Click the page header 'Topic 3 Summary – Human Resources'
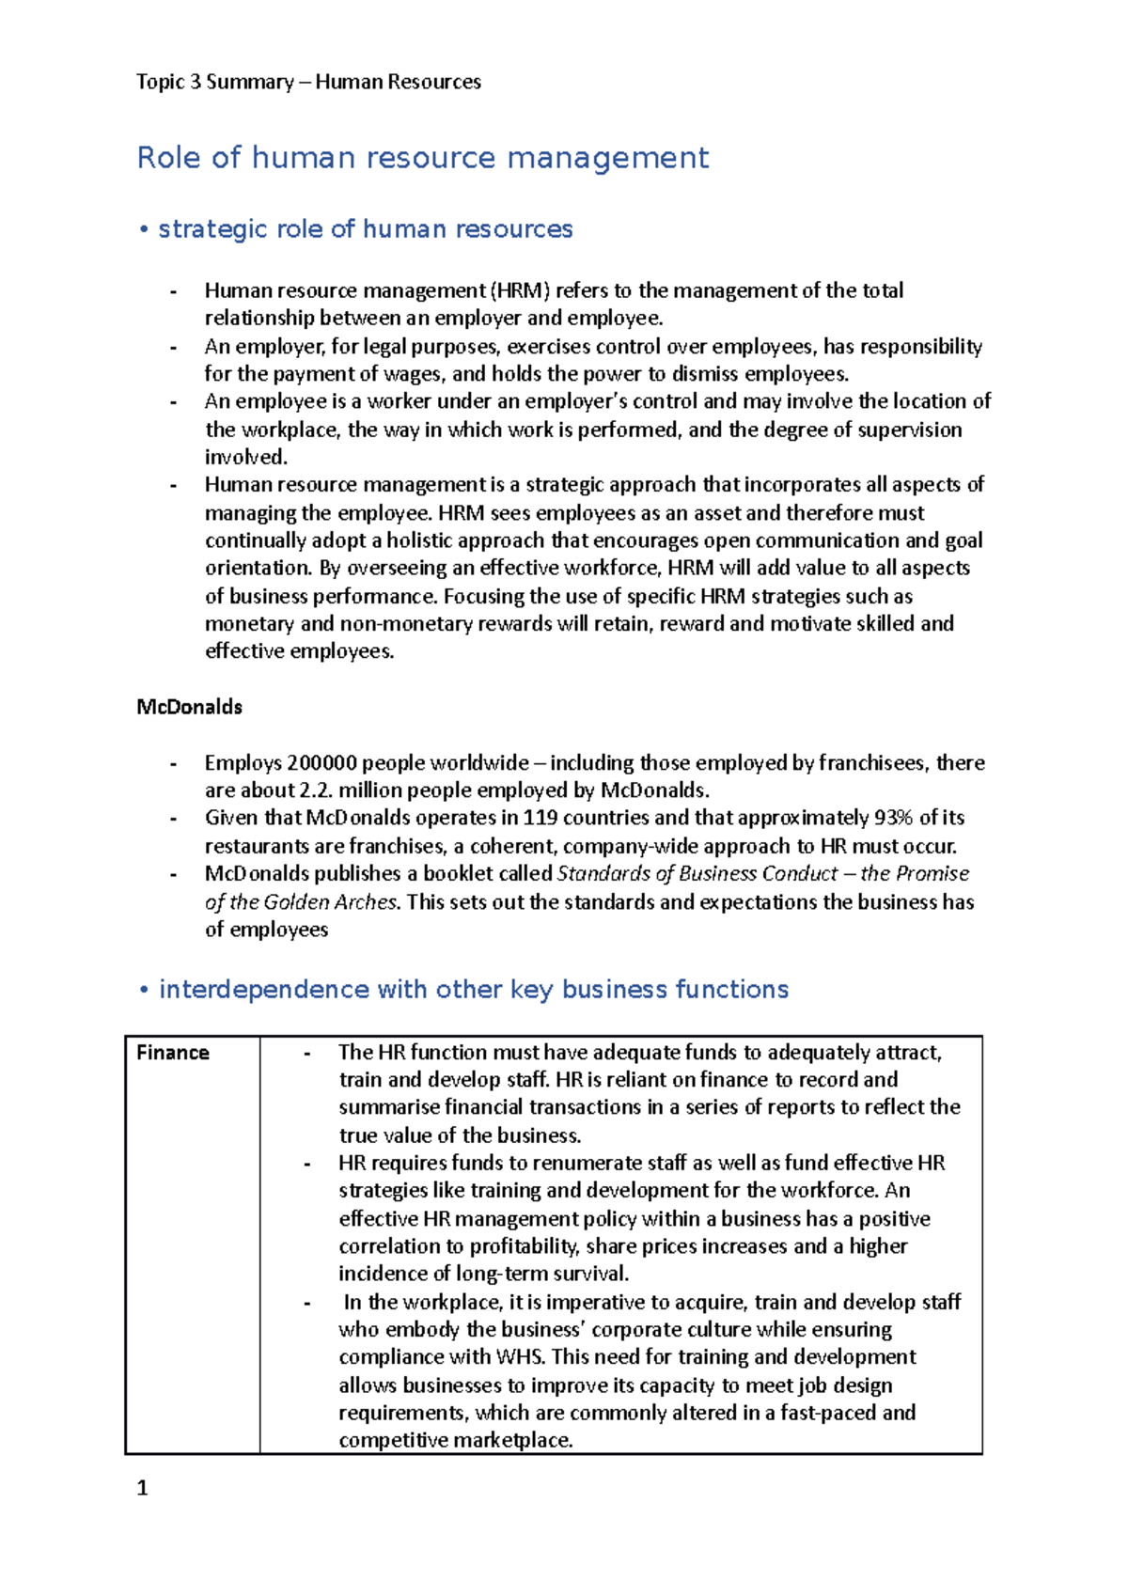(308, 82)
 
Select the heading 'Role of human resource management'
(422, 157)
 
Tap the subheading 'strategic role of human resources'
(365, 228)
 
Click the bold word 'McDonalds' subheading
(189, 707)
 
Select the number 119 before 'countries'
(540, 818)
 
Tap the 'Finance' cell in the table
(173, 1053)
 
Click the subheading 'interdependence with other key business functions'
(473, 989)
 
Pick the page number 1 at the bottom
(143, 1488)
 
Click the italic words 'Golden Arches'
(330, 902)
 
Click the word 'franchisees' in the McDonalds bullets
(872, 762)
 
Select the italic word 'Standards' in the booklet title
(602, 873)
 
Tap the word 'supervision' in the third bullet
(908, 430)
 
